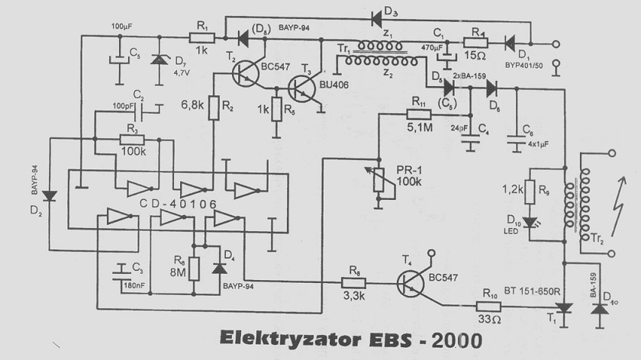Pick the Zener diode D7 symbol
click(x=159, y=58)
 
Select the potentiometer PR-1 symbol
click(x=377, y=180)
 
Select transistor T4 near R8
click(x=413, y=288)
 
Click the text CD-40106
click(x=178, y=204)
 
